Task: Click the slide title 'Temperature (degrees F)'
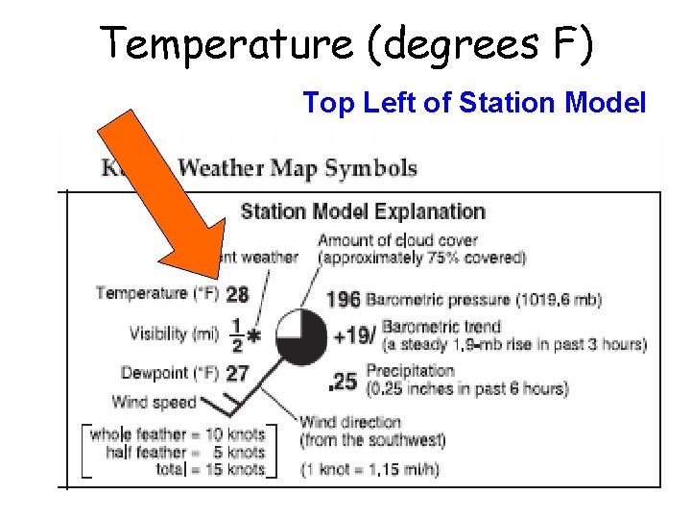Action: pyautogui.click(x=347, y=44)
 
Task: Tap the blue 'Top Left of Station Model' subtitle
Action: pyautogui.click(x=474, y=102)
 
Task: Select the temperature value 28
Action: pyautogui.click(x=237, y=294)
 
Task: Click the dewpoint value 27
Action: pyautogui.click(x=237, y=373)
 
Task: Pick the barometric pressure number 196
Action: pyautogui.click(x=344, y=300)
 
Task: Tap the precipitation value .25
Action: pyautogui.click(x=343, y=383)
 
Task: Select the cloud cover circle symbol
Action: pyautogui.click(x=302, y=337)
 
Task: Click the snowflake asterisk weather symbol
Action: pyautogui.click(x=254, y=336)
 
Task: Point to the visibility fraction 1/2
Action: pyautogui.click(x=236, y=334)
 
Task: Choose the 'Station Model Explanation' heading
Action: pyautogui.click(x=363, y=211)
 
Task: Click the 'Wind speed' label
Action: pyautogui.click(x=154, y=402)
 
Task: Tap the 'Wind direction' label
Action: pyautogui.click(x=350, y=422)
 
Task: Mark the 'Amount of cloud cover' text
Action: pyautogui.click(x=397, y=240)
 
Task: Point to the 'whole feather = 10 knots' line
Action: pyautogui.click(x=178, y=434)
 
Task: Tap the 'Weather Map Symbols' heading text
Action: pyautogui.click(x=298, y=169)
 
